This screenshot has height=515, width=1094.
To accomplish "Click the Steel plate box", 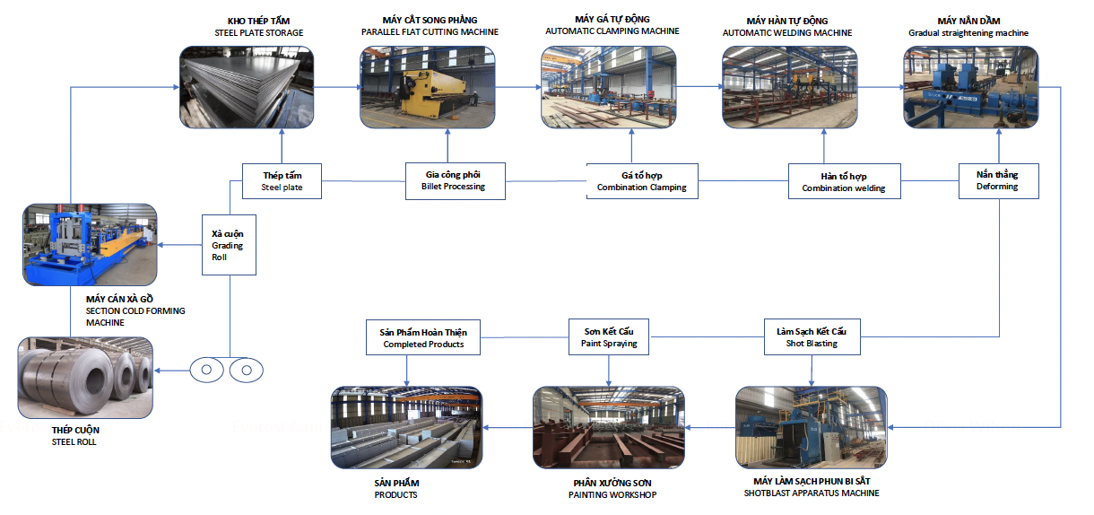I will [282, 181].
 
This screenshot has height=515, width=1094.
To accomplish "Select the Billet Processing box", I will [454, 180].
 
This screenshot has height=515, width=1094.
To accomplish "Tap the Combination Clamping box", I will [642, 181].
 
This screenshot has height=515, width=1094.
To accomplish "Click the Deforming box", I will [997, 180].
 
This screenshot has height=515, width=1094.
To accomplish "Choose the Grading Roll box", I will [228, 245].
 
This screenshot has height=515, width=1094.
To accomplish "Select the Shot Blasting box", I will [812, 337].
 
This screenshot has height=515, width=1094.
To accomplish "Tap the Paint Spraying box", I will [608, 337].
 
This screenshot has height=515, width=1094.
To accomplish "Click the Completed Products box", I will [423, 337].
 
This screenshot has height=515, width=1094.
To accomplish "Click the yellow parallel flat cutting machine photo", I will [426, 87].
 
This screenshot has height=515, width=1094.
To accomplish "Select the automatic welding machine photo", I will [789, 87].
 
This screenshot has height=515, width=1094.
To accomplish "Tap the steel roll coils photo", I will [86, 376].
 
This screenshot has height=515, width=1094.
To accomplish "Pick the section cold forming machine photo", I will [90, 245].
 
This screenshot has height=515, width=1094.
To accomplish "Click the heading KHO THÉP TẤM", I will [258, 21].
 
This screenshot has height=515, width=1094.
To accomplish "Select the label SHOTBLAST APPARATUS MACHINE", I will [811, 493].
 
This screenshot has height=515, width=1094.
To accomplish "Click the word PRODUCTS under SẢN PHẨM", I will [395, 495].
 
